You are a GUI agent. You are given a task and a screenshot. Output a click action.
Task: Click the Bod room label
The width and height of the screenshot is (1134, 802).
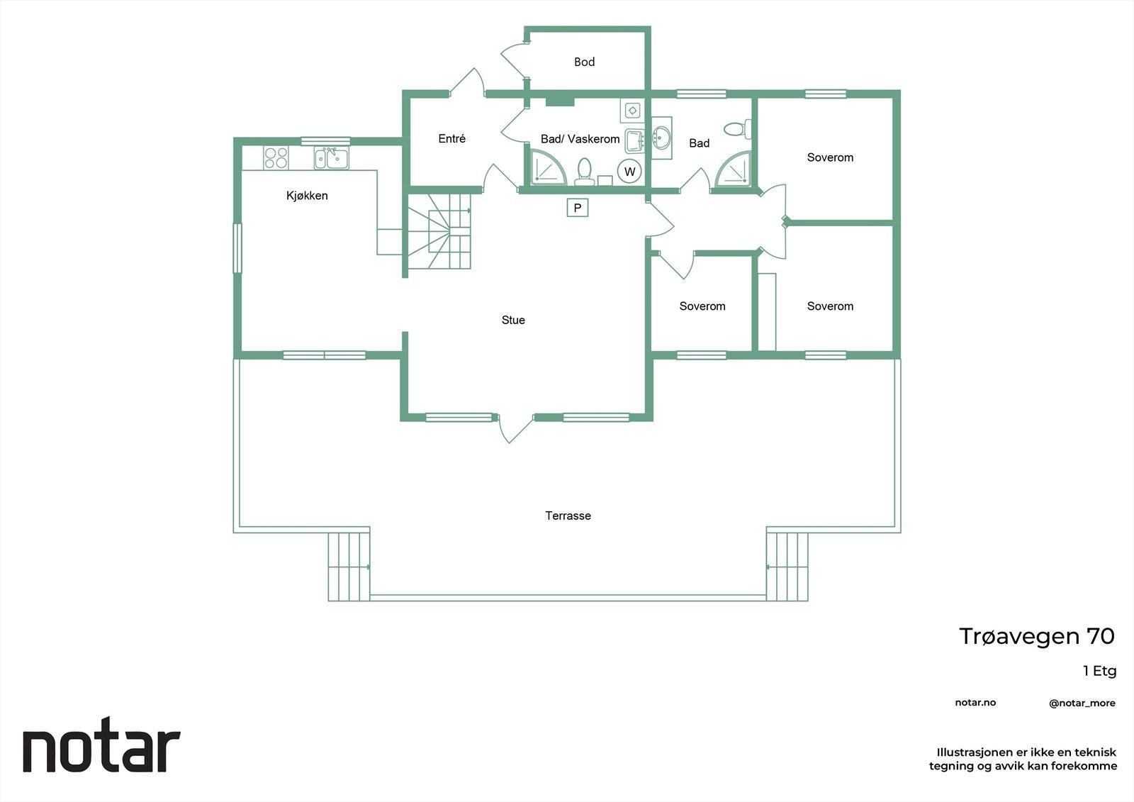click(x=584, y=62)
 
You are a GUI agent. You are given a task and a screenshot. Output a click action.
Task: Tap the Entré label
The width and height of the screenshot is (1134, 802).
click(x=451, y=139)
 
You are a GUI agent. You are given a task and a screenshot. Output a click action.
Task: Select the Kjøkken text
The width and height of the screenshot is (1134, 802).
click(x=307, y=196)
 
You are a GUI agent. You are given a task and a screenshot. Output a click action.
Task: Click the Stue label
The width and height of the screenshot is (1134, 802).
click(x=513, y=320)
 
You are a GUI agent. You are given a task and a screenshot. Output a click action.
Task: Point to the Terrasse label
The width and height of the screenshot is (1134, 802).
click(x=568, y=516)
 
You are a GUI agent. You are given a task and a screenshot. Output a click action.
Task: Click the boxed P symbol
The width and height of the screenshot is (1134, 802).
click(x=578, y=208)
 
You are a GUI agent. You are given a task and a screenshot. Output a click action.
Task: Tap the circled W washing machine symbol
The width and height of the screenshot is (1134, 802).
click(x=629, y=172)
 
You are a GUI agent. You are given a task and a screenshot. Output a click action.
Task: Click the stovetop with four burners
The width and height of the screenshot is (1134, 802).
click(x=276, y=157)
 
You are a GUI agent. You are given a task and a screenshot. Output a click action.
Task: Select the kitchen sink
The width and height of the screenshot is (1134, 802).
click(x=331, y=158)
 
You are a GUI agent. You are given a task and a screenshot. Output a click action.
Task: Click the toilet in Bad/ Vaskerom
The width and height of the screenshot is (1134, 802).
click(x=585, y=171)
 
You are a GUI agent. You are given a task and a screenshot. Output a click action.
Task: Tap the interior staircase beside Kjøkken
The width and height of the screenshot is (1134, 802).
click(x=439, y=232)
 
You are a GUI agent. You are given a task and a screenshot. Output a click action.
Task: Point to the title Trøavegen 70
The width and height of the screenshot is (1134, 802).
click(x=1036, y=636)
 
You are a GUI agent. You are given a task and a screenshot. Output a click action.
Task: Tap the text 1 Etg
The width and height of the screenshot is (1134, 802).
click(x=1099, y=671)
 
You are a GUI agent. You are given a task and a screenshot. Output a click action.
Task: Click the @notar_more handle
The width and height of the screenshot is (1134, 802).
click(x=1082, y=703)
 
